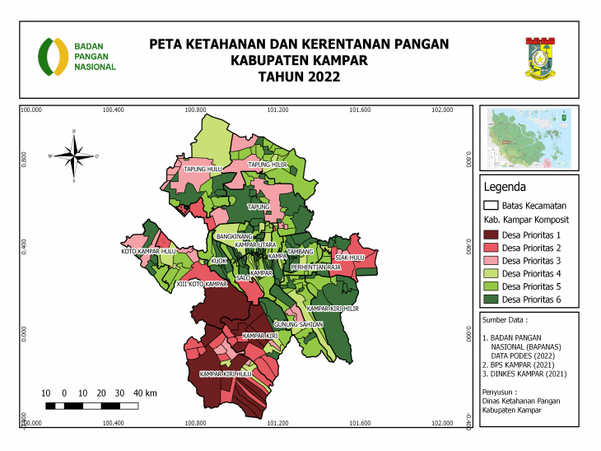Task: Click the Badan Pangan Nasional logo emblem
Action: click(x=54, y=56)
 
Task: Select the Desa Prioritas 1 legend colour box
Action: click(x=492, y=236)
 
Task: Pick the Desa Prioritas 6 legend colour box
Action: click(x=492, y=298)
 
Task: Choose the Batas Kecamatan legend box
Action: click(x=492, y=205)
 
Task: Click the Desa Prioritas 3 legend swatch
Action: click(x=492, y=261)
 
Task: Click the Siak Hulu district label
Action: click(x=349, y=257)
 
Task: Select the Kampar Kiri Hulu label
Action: click(x=220, y=374)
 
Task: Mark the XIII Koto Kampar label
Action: click(x=202, y=284)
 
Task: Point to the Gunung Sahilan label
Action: click(x=299, y=325)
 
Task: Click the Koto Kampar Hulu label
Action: click(x=149, y=251)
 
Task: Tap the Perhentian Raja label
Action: click(x=316, y=267)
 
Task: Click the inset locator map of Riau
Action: click(x=529, y=137)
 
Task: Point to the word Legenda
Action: click(x=503, y=186)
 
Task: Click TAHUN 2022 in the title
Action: click(x=299, y=77)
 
